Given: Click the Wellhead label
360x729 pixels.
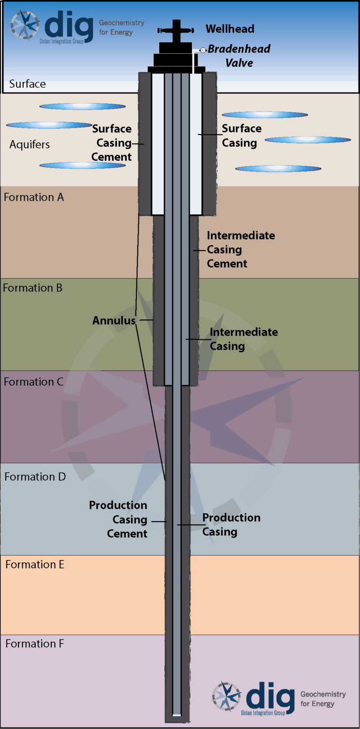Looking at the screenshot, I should pos(230,29).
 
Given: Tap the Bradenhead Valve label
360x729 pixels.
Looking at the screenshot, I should pos(239,56).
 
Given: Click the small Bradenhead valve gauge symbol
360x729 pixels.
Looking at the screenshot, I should pos(203,50).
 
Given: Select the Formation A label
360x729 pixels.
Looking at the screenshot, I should pos(34,197).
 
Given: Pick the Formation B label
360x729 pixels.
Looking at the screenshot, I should pos(33,288).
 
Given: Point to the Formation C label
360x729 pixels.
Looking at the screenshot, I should pos(33,382).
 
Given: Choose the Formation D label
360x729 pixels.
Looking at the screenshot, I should pos(35,477).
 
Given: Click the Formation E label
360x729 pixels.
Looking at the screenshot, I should pos(35,564).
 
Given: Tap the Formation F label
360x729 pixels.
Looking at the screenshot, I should pos(35,644).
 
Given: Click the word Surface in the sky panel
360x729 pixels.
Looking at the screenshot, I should pos(28,84).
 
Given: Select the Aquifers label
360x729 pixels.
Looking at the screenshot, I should pos(29,144).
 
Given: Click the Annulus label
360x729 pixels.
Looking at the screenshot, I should pos(114,321).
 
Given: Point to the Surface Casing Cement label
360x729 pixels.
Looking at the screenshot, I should pos(112,143).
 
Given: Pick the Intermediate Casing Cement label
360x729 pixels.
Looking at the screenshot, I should pos(240,250).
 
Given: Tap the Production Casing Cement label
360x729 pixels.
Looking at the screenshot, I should pos(118,519).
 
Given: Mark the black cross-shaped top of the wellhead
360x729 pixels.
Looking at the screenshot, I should pos(177,30).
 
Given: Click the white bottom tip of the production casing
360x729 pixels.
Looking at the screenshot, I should pos(177,715).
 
